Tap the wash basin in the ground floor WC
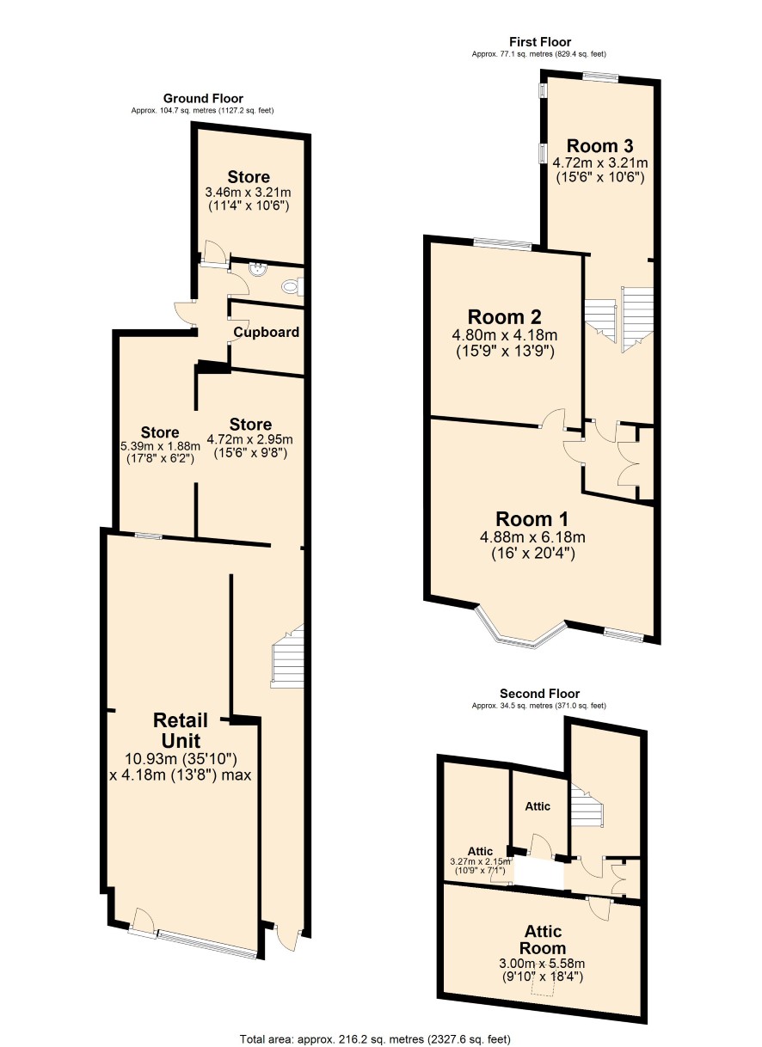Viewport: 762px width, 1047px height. (258, 270)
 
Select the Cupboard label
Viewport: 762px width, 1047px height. (266, 332)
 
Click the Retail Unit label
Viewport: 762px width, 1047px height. (181, 730)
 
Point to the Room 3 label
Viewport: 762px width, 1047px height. (599, 146)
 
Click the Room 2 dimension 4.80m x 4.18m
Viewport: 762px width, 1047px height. (504, 335)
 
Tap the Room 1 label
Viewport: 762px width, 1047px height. (532, 519)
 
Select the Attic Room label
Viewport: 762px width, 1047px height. (543, 940)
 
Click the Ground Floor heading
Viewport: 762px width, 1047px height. (203, 99)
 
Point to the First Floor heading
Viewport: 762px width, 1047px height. (540, 41)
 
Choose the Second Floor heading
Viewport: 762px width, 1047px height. (539, 693)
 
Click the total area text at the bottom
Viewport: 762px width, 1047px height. (375, 1039)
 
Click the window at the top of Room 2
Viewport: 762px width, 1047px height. (502, 243)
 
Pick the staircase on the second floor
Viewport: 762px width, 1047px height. (587, 805)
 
